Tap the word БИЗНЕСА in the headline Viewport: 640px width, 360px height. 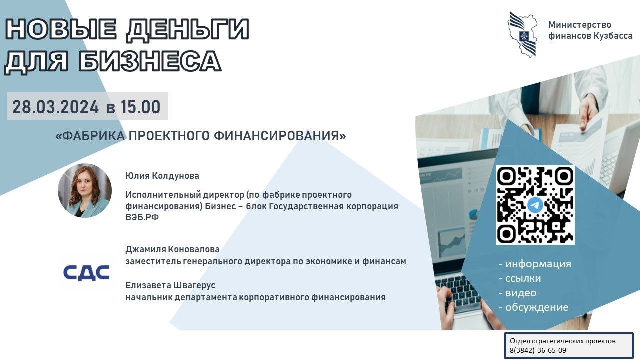coord(150,61)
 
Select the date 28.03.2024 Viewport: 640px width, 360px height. coord(55,107)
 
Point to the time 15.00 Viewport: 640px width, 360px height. coord(140,107)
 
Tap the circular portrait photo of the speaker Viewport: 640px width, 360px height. coord(85,190)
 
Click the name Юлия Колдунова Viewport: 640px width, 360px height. coord(162,175)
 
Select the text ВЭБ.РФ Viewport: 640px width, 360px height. coord(142,217)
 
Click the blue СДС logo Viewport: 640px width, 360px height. coord(86,273)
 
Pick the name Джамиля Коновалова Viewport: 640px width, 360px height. coord(172,249)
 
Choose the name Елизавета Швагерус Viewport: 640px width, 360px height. coord(170,285)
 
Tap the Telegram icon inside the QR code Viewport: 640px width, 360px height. coord(535,205)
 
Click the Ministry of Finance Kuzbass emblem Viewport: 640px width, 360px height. coord(522,34)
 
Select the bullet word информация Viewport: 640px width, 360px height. coord(538,264)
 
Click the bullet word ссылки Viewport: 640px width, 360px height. coord(523,278)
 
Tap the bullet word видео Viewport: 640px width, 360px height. coord(521,293)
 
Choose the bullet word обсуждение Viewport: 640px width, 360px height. coord(537,307)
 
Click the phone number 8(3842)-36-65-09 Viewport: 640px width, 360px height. coord(538,350)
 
